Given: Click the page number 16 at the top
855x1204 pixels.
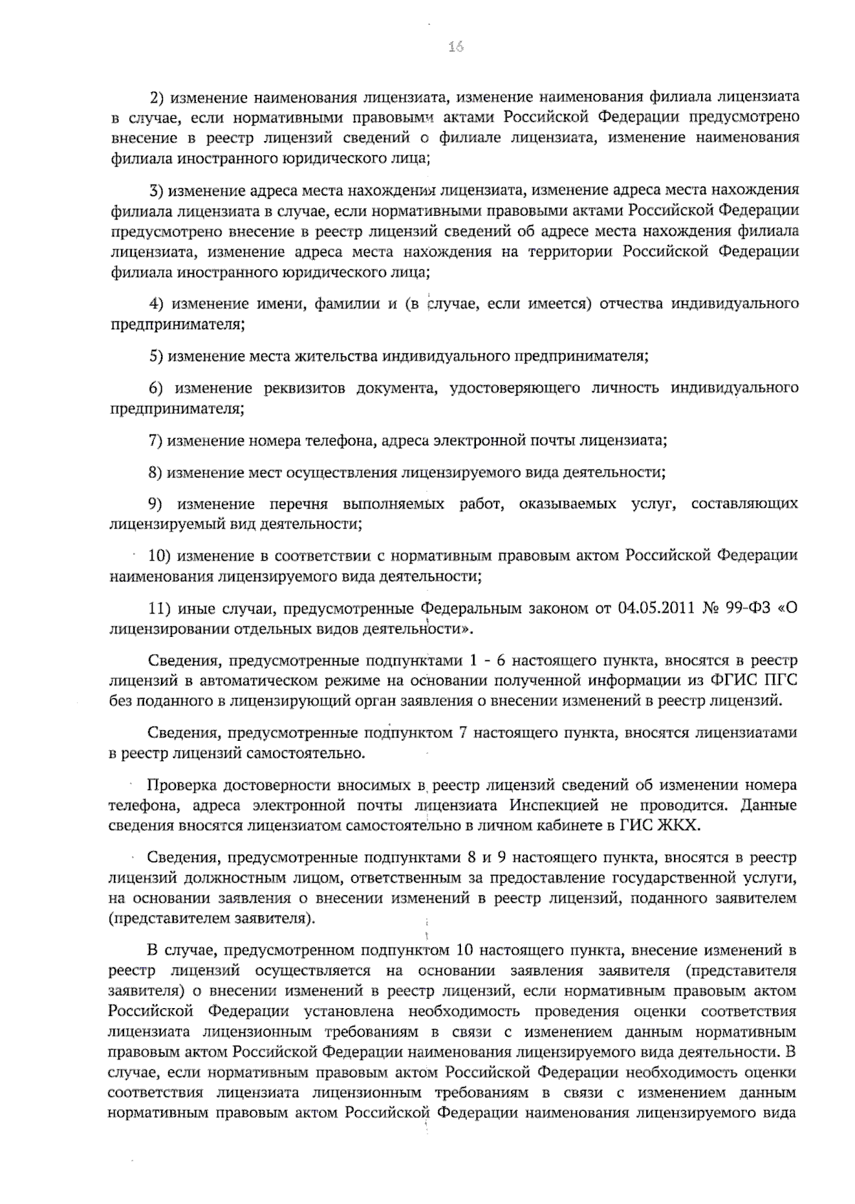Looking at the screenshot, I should tap(456, 47).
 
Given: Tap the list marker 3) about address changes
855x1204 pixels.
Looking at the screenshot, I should tap(157, 190).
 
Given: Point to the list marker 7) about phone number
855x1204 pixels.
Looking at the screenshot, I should tap(156, 440).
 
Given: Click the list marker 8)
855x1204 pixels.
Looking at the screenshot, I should tap(156, 472).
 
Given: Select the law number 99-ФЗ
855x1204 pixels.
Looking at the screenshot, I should tap(748, 608).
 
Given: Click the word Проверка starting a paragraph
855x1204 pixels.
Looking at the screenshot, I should tap(182, 785).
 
